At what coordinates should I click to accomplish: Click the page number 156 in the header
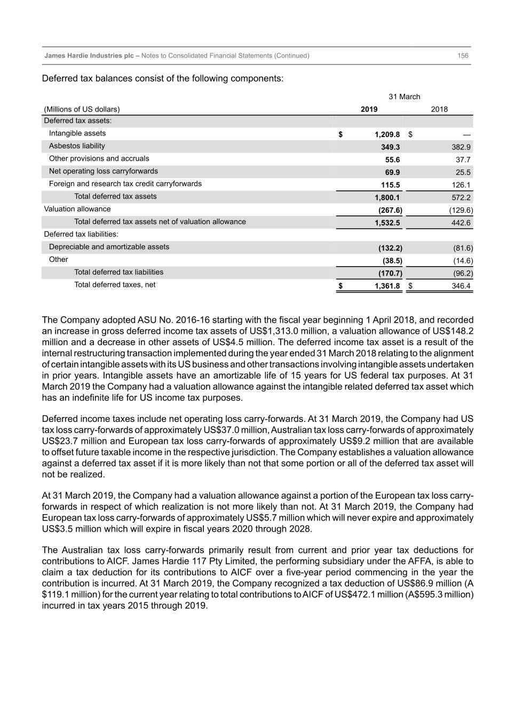click(x=463, y=55)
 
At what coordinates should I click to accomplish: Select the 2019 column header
click(x=369, y=109)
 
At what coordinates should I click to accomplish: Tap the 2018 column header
click(x=439, y=109)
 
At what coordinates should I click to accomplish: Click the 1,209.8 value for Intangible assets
click(x=387, y=135)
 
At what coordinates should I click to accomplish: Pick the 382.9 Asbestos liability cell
click(x=461, y=147)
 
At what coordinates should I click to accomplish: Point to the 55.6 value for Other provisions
click(x=392, y=160)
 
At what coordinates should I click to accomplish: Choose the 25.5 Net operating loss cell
click(x=463, y=172)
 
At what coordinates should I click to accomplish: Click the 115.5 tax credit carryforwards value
click(x=390, y=185)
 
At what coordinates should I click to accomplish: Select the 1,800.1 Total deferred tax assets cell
click(x=387, y=197)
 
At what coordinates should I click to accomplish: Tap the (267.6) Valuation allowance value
click(x=390, y=210)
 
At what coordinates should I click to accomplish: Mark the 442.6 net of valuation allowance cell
click(x=461, y=223)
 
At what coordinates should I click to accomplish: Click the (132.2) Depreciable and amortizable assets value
click(x=390, y=248)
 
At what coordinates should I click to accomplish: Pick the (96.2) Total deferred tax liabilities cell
click(x=463, y=274)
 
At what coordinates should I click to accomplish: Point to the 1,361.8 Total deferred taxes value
click(x=387, y=286)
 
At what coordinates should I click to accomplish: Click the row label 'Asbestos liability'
click(x=77, y=146)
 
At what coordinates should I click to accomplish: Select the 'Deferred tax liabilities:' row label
click(x=81, y=234)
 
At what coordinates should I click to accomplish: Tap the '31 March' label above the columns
click(x=404, y=97)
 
